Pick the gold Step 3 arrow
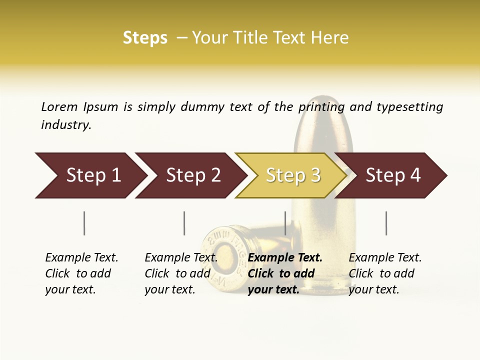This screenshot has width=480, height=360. coord(292,175)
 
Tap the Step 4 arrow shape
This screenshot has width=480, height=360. coord(393,175)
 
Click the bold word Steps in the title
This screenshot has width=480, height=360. coord(145,38)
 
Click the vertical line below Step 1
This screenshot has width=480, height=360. coord(84,223)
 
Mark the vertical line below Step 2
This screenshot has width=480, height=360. coord(184,223)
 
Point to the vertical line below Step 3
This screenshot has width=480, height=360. coord(285,223)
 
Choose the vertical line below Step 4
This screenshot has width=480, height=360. coord(386,223)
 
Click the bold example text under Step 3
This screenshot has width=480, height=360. coord(285,273)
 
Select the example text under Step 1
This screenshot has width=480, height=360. coord(81,273)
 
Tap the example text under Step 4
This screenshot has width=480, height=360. coord(385,273)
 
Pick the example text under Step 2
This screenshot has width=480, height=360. coord(181,273)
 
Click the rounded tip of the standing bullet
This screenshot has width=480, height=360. coord(323,102)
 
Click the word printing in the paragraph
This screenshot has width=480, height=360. coord(321,106)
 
